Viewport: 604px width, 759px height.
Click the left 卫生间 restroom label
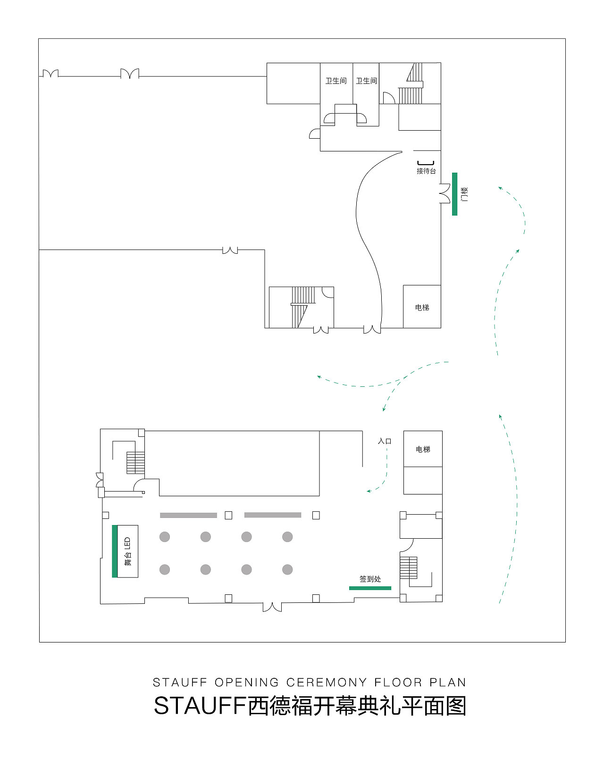336,81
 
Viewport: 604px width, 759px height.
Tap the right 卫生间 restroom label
367,81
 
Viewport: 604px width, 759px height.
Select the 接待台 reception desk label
426,171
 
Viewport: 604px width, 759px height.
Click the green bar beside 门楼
454,194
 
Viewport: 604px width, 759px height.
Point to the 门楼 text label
464,194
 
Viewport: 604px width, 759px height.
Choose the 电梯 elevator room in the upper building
422,307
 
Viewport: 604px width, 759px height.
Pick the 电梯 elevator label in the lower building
423,449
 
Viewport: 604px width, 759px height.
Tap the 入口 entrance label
385,441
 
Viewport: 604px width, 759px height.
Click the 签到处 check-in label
370,579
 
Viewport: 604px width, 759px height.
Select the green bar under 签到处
370,588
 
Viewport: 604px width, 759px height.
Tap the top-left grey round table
165,537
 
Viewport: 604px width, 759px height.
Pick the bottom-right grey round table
287,570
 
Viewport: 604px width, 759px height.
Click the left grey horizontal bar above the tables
188,515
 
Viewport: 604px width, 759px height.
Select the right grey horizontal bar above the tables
273,515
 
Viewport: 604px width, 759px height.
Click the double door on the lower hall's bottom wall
272,607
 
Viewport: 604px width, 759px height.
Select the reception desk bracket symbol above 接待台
426,163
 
